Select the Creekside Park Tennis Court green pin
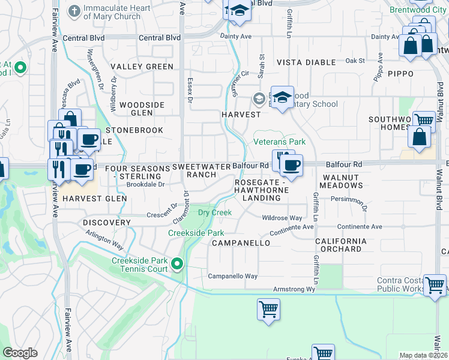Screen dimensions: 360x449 177,264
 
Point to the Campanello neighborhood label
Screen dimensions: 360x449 241,243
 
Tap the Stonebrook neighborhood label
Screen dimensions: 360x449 134,130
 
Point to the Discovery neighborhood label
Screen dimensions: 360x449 107,223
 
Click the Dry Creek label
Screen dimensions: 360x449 215,212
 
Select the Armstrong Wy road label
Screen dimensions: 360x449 294,289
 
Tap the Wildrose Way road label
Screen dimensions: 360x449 282,218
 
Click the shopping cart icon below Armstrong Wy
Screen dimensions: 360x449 268,310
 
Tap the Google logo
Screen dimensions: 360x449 20,353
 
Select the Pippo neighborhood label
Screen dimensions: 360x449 400,73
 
